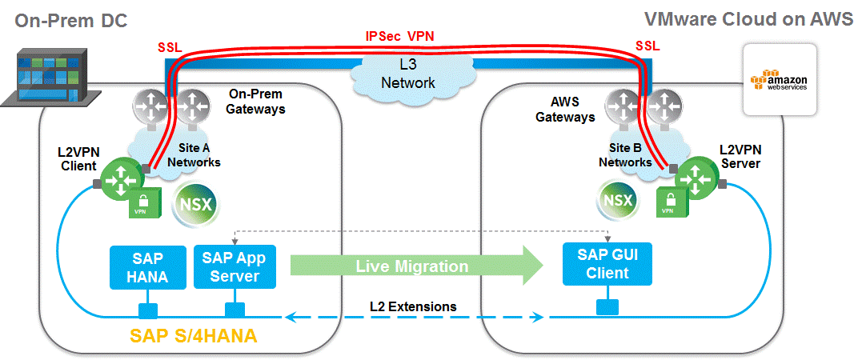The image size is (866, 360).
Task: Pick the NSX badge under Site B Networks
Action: (x=617, y=200)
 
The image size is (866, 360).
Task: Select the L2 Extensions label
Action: (x=413, y=306)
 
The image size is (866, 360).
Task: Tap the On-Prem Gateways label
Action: (x=257, y=101)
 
